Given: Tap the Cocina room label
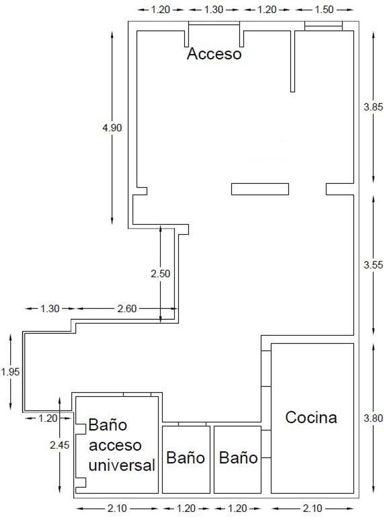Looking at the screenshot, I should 311,417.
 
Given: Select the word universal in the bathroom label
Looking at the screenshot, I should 122,466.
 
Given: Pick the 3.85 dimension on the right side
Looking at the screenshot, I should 373,107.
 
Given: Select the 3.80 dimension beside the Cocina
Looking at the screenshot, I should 373,418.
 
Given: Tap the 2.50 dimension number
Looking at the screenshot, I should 160,274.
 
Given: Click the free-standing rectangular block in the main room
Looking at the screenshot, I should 260,189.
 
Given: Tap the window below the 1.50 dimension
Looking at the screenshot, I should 323,26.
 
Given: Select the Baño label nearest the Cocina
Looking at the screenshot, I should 238,457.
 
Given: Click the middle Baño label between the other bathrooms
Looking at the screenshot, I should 185,457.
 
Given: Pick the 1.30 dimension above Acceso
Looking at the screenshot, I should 213,10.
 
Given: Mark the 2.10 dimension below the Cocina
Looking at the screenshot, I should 314,508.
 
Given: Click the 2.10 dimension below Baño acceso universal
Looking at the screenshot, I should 117,508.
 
